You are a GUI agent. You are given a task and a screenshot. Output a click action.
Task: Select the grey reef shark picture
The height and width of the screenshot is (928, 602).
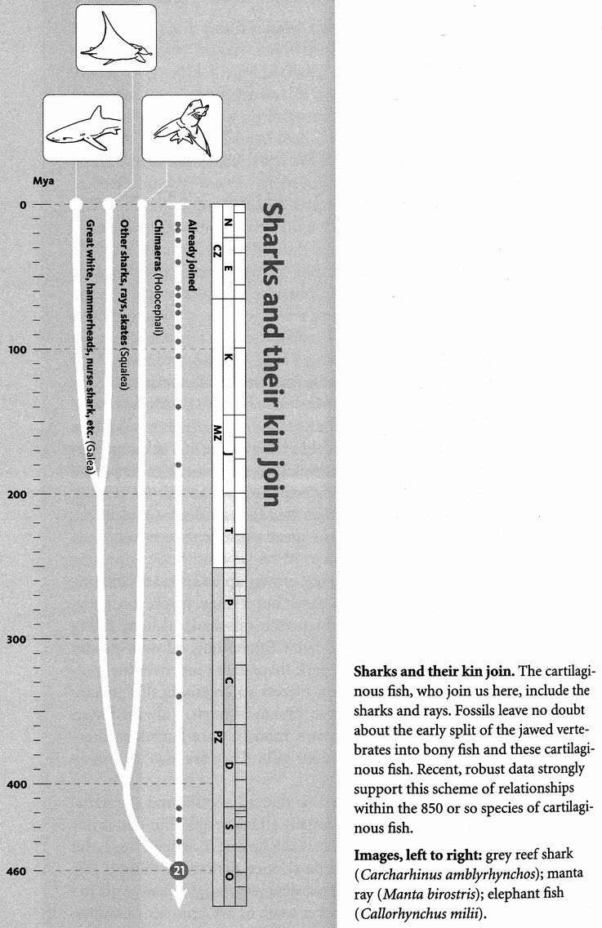pos(82,128)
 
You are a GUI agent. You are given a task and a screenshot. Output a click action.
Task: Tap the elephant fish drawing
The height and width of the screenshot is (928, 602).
pos(182,128)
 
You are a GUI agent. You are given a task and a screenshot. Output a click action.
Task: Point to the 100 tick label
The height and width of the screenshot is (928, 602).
pos(17,349)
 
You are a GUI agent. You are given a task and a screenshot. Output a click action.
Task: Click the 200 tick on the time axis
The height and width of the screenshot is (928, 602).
pos(17,494)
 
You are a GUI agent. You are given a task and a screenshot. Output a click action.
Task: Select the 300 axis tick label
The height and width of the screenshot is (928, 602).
pos(17,639)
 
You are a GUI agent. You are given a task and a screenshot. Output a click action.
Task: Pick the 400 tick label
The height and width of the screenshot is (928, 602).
pos(17,784)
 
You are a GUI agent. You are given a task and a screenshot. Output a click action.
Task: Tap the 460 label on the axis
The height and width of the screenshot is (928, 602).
pos(17,871)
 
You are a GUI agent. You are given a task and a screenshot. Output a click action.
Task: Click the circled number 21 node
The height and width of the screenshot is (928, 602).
pos(180,871)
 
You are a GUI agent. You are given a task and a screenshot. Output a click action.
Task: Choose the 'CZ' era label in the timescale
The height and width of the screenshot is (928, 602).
pos(217,249)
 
